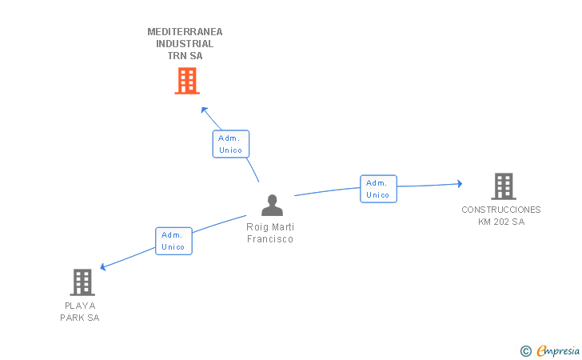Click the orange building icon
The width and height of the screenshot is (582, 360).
click(187, 81)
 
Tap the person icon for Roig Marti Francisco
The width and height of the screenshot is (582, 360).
click(272, 205)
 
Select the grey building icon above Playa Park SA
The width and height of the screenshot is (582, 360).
click(82, 282)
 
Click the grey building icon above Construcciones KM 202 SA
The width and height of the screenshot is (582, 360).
click(504, 186)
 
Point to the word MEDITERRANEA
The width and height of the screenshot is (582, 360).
click(185, 32)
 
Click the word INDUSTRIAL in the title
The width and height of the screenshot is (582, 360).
click(185, 44)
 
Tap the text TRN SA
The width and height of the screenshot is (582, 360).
click(185, 56)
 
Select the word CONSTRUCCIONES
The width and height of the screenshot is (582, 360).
click(501, 210)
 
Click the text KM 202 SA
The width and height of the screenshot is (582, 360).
click(501, 222)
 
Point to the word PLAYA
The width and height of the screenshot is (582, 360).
click(80, 306)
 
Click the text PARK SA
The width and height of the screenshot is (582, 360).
click(80, 318)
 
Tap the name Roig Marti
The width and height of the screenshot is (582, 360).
click(270, 227)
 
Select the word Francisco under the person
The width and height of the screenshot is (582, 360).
click(270, 239)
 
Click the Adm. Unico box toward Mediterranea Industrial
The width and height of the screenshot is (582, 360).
click(231, 144)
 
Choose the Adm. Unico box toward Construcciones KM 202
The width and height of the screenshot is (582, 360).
click(379, 189)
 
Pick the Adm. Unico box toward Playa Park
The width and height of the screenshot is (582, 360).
click(173, 241)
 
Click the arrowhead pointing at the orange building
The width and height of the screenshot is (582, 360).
click(204, 110)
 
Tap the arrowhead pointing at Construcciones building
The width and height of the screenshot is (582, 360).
click(460, 183)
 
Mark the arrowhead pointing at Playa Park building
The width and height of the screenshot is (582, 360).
click(103, 266)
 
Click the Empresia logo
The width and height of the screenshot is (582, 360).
click(550, 350)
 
